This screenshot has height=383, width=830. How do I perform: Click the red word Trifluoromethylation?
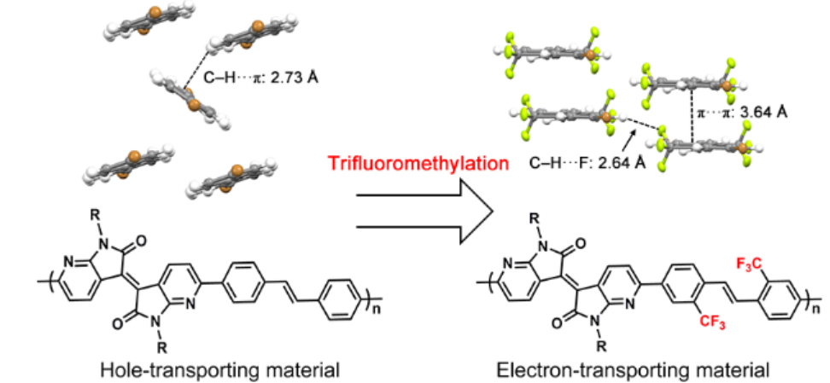click(x=415, y=163)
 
